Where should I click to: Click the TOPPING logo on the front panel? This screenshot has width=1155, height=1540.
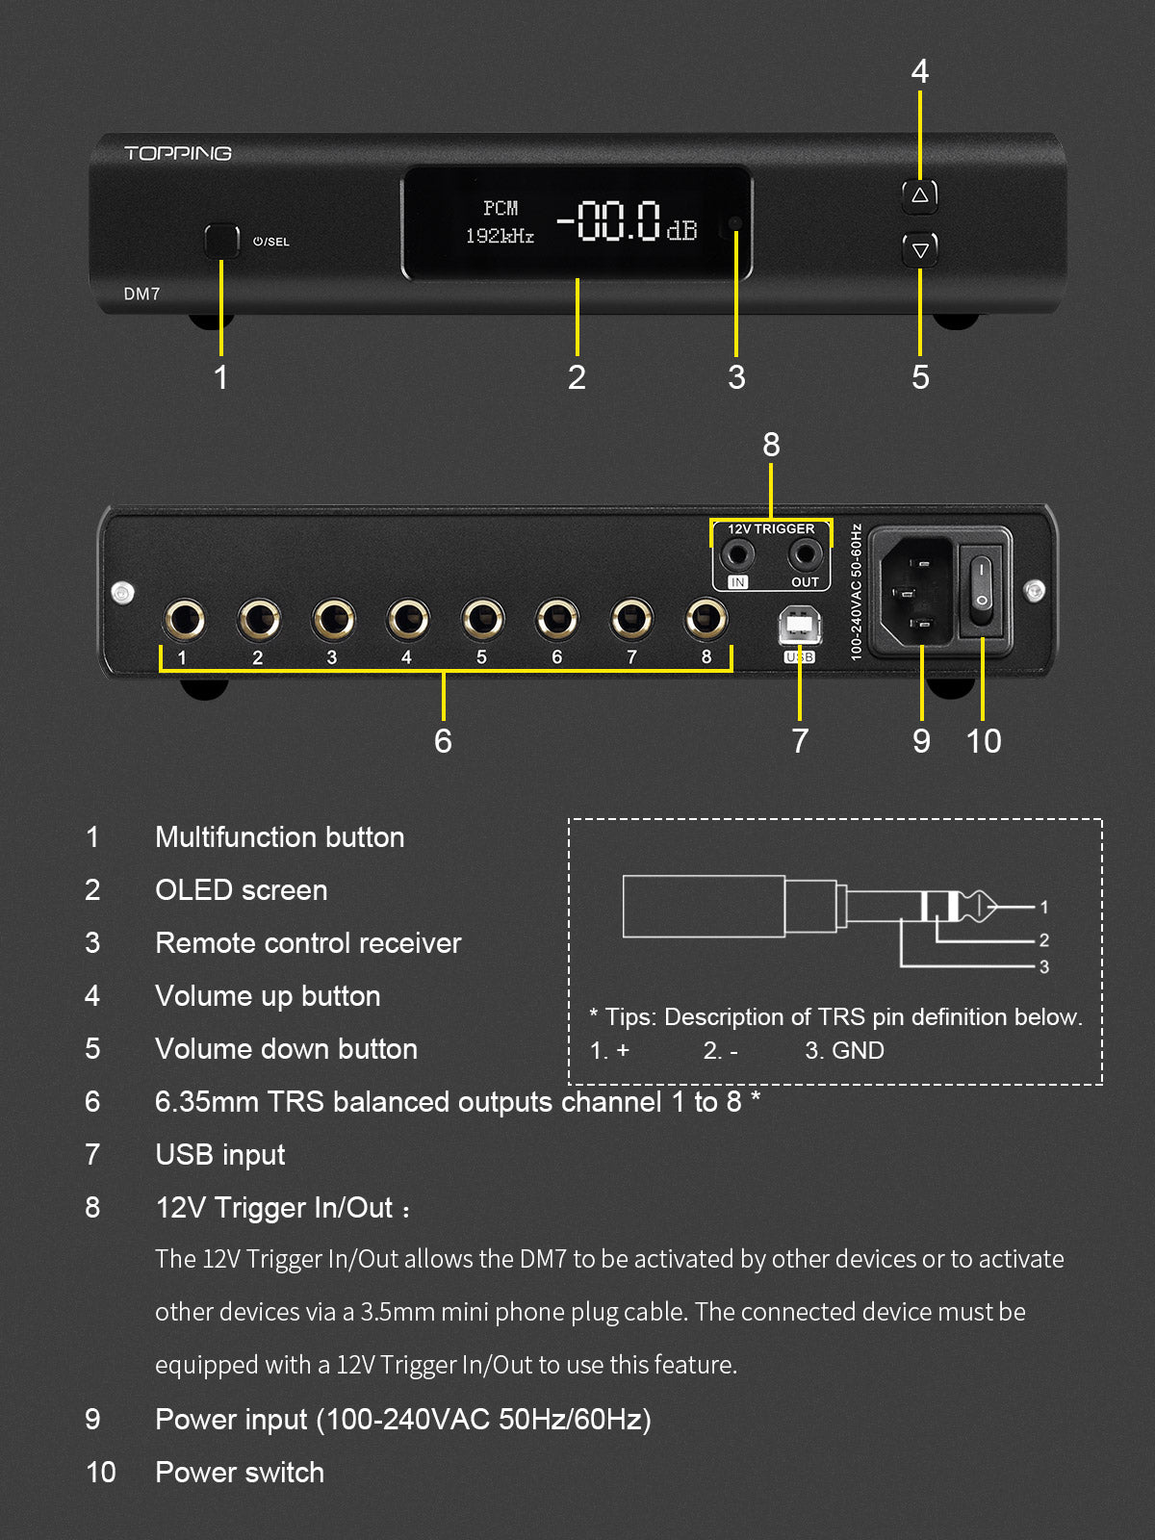point(178,153)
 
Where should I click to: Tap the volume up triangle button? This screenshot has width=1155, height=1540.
point(919,195)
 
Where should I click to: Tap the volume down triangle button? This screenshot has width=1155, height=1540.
point(919,250)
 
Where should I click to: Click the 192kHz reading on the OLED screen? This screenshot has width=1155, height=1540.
point(500,236)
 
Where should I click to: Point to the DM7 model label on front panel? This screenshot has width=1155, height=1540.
point(141,294)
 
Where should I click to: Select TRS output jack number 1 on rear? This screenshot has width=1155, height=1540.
point(184,619)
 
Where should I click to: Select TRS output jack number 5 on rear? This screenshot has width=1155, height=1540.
point(482,619)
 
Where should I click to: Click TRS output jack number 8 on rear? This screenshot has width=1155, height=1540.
point(706,619)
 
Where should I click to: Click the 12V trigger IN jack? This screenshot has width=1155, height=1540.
point(738,554)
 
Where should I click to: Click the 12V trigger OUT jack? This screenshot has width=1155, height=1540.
point(805,554)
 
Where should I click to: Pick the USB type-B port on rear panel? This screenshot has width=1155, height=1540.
point(799,627)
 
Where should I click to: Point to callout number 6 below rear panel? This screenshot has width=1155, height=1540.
point(443,741)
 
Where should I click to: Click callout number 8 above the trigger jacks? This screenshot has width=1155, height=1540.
point(771,445)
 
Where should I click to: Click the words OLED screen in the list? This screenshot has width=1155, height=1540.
point(241,890)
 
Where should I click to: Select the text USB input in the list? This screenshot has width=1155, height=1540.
point(219,1155)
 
